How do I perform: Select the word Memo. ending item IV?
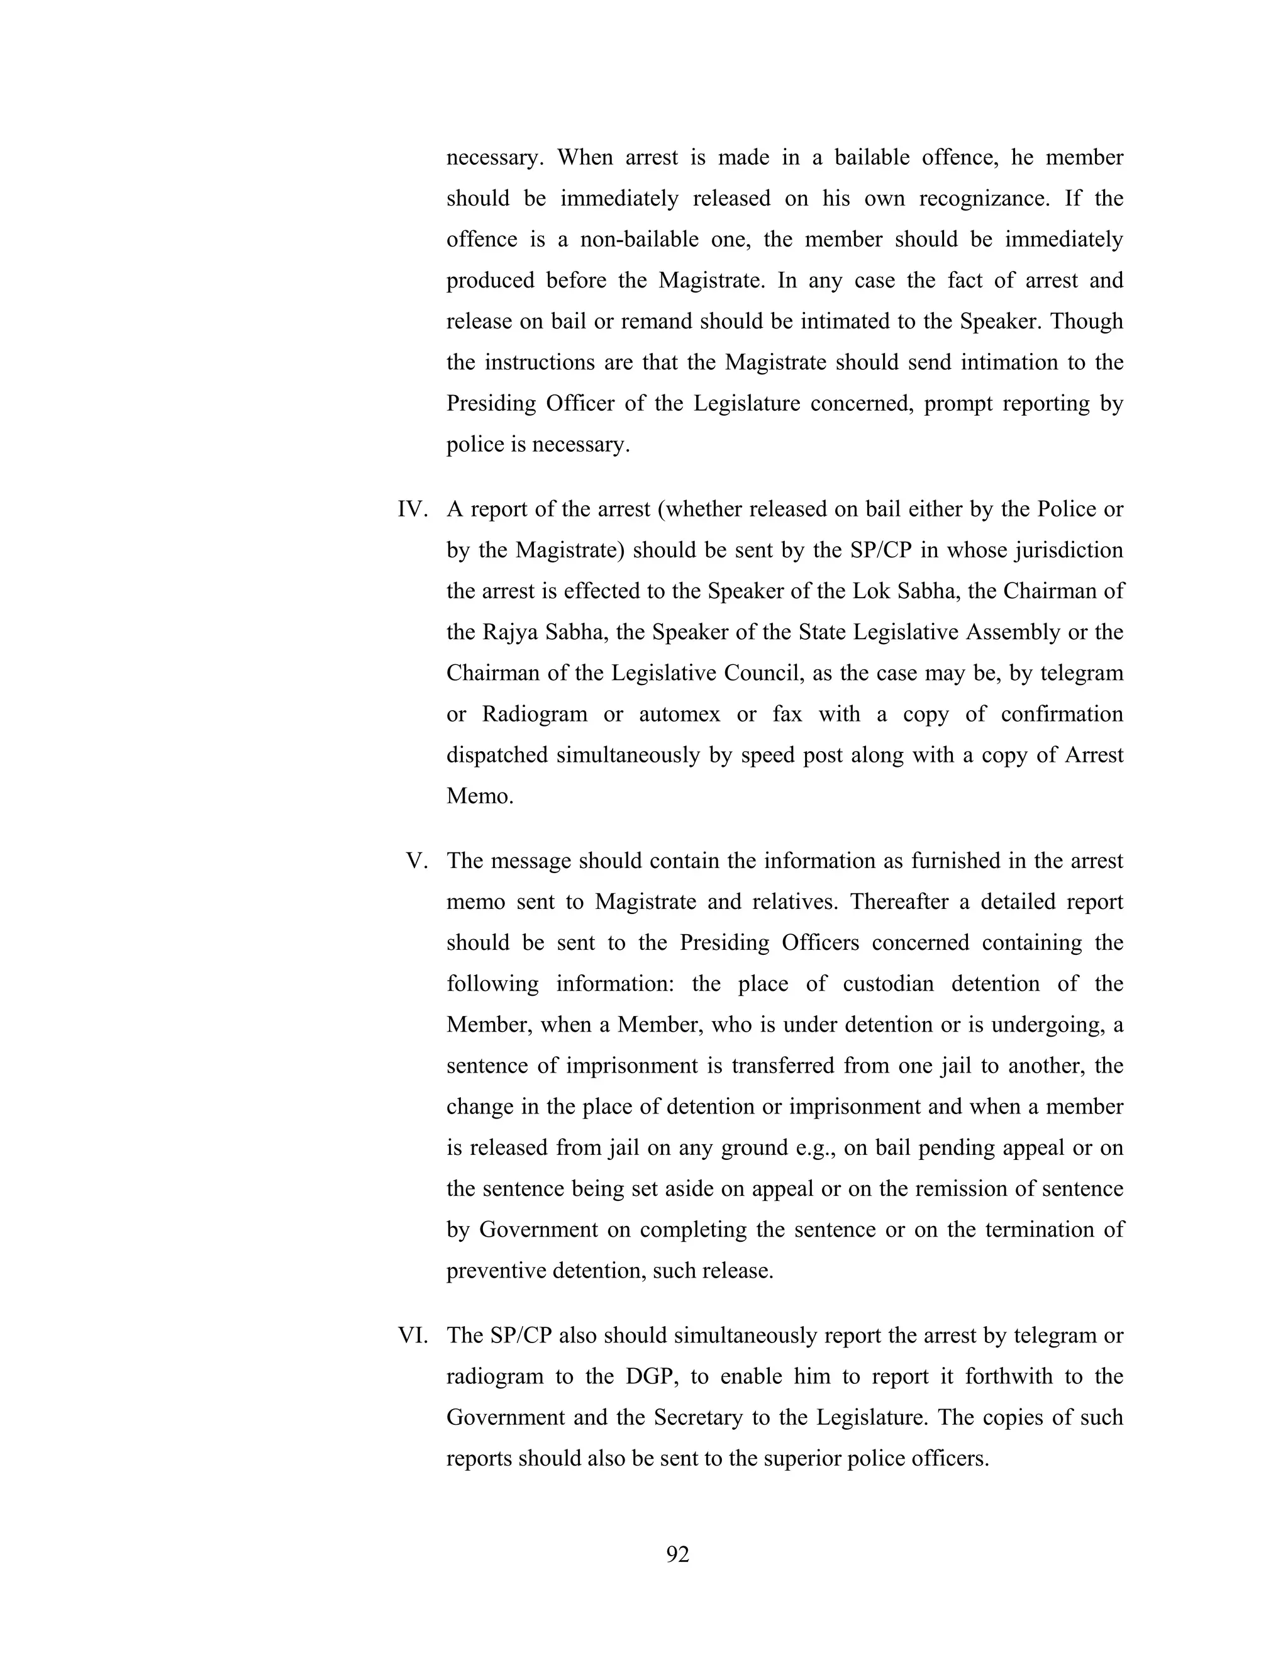point(480,796)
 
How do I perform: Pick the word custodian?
point(888,984)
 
